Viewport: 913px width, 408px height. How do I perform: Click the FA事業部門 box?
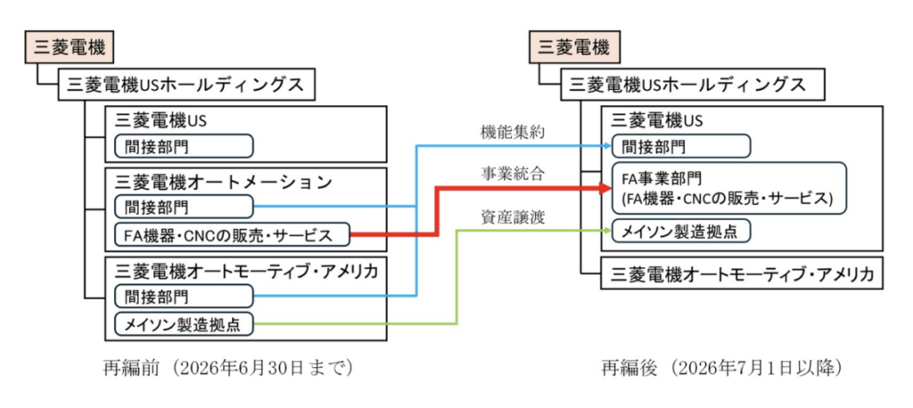pos(728,186)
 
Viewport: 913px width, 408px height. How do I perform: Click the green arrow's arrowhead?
pos(606,231)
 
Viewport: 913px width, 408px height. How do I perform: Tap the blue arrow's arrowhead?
pos(606,145)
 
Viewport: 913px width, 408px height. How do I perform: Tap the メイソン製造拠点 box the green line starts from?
pos(184,323)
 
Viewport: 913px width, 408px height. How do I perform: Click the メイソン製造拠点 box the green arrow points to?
pos(681,231)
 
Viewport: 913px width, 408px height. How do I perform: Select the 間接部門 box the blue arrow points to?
pos(681,145)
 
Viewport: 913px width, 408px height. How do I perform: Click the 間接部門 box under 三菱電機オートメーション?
pos(184,207)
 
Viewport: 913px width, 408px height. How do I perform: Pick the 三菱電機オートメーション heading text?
pos(218,181)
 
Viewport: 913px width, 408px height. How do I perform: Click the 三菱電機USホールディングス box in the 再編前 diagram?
pos(186,86)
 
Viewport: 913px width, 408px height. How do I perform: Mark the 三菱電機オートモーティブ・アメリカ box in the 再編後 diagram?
pos(742,273)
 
